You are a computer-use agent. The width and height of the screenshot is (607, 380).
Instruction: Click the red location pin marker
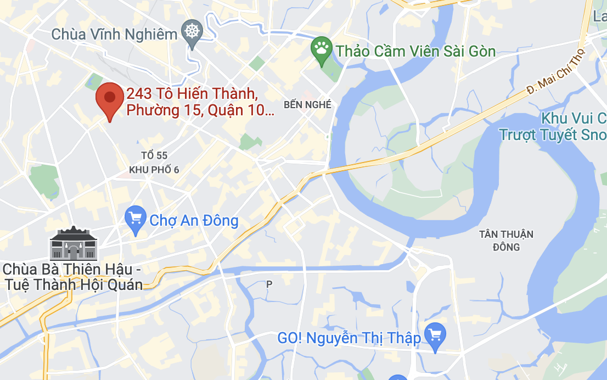pyautogui.click(x=109, y=99)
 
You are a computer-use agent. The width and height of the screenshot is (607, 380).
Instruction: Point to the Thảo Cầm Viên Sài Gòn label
pyautogui.click(x=416, y=52)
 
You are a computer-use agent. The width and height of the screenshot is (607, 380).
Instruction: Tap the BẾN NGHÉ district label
pyautogui.click(x=307, y=104)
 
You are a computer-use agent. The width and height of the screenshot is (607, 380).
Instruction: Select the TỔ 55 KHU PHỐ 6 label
pyautogui.click(x=154, y=163)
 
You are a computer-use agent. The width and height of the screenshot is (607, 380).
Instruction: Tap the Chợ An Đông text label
pyautogui.click(x=194, y=221)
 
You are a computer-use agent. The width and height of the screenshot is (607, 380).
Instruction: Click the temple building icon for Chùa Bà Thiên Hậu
pyautogui.click(x=74, y=244)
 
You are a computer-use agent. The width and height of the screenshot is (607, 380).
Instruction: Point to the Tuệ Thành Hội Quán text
pyautogui.click(x=74, y=284)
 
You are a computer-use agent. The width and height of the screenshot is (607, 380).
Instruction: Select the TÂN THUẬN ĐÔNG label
pyautogui.click(x=506, y=241)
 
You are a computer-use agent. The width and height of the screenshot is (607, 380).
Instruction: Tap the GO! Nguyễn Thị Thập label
pyautogui.click(x=349, y=338)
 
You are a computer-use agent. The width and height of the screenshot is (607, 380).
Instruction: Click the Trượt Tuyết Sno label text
pyautogui.click(x=553, y=135)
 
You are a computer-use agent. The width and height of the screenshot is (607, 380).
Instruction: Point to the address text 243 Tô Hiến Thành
pyautogui.click(x=192, y=94)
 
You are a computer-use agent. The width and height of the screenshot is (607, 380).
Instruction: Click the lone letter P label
pyautogui.click(x=269, y=284)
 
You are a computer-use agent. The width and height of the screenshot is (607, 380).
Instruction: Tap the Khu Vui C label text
pyautogui.click(x=573, y=118)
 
